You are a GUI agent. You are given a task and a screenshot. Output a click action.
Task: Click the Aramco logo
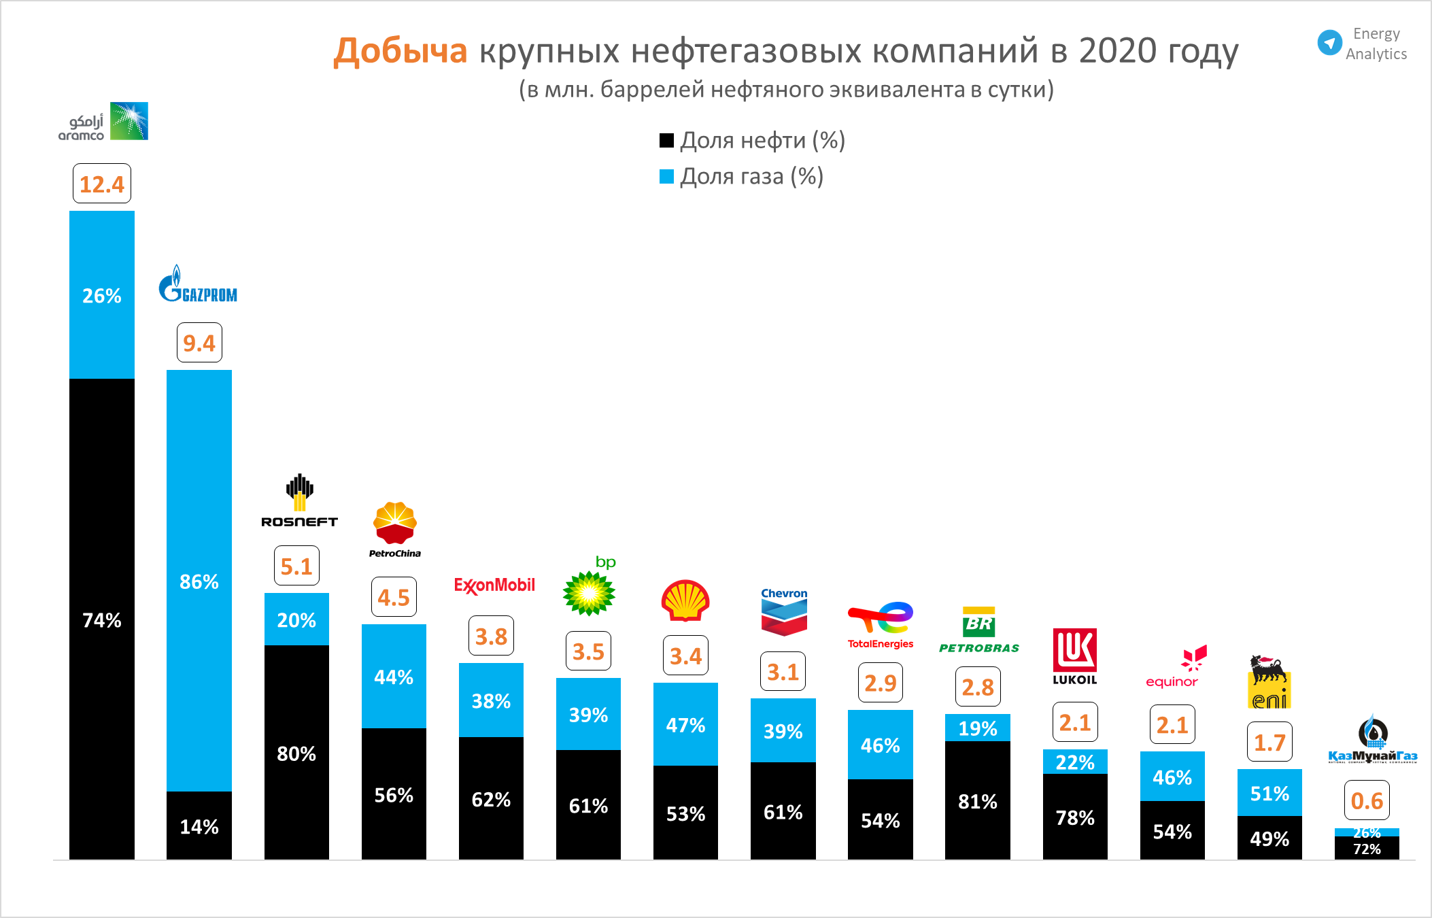pos(103,122)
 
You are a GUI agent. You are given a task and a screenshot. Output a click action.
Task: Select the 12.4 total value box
pos(102,184)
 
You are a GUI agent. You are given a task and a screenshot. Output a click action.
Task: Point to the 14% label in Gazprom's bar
pos(199,827)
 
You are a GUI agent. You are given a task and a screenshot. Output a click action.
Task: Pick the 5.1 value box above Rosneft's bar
pos(296,566)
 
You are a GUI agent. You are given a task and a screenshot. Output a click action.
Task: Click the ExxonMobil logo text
pos(494,585)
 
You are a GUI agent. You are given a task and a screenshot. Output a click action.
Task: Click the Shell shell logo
pos(685,600)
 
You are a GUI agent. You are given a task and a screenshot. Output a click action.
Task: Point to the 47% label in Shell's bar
pos(685,726)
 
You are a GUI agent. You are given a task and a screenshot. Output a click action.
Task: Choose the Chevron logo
pos(784,612)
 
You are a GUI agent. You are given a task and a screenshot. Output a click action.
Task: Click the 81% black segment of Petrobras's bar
pos(978,801)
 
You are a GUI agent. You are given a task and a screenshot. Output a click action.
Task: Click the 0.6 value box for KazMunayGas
pos(1367,800)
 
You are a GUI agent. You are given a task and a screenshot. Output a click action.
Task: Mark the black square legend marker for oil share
pos(666,141)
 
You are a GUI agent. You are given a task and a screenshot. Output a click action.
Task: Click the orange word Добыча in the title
pos(400,51)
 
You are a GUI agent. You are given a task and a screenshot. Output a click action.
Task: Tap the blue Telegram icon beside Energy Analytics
pos(1329,43)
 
